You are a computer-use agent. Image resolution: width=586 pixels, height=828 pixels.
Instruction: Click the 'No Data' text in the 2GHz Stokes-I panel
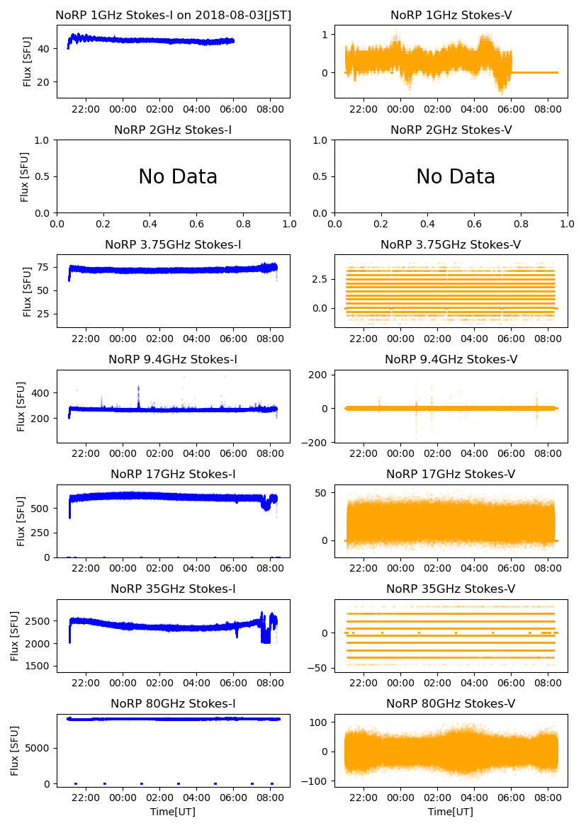click(x=178, y=176)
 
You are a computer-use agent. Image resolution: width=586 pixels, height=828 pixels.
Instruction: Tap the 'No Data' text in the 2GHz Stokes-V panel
click(x=456, y=176)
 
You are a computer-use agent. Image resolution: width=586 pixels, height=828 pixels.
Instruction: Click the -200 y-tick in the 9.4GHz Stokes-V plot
click(x=317, y=443)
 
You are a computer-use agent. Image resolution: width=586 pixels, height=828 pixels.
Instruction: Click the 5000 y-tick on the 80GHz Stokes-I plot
click(x=38, y=748)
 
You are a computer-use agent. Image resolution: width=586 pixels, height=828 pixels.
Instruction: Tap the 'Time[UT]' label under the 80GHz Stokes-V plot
click(x=451, y=812)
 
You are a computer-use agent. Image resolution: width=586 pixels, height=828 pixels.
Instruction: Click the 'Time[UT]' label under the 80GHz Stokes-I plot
click(x=173, y=812)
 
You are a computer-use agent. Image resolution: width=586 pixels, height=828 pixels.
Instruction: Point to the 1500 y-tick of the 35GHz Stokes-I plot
click(x=40, y=667)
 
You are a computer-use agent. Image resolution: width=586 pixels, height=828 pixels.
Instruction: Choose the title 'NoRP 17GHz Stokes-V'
click(x=451, y=474)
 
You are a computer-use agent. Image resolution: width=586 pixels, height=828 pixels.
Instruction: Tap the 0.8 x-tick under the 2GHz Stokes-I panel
click(x=243, y=225)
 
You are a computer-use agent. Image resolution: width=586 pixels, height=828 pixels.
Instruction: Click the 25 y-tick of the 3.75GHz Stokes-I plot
click(x=45, y=314)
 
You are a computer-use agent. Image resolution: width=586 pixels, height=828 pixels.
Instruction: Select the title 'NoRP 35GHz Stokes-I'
click(x=173, y=589)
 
